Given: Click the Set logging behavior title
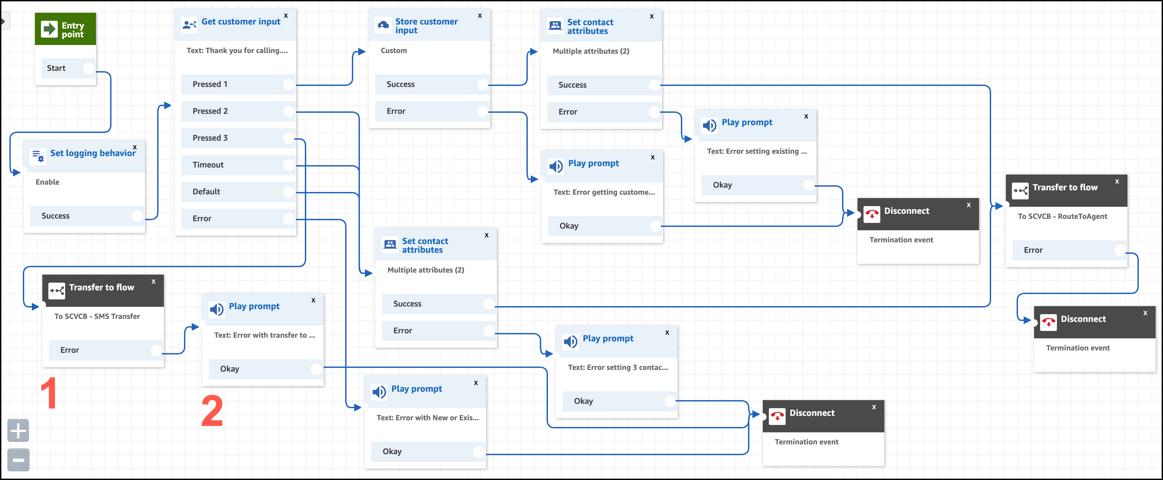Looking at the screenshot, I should [93, 153].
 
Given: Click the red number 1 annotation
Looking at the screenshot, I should [49, 393].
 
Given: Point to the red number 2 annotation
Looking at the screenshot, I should [212, 411].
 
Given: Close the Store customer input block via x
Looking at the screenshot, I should [480, 16].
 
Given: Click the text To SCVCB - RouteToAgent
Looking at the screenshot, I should [1062, 216].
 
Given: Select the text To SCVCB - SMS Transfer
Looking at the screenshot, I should [97, 317].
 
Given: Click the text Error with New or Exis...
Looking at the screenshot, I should [427, 418].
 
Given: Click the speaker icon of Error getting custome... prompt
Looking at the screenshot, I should [556, 166].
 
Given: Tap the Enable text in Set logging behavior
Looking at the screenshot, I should [47, 182].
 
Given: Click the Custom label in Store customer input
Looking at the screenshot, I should [394, 51].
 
